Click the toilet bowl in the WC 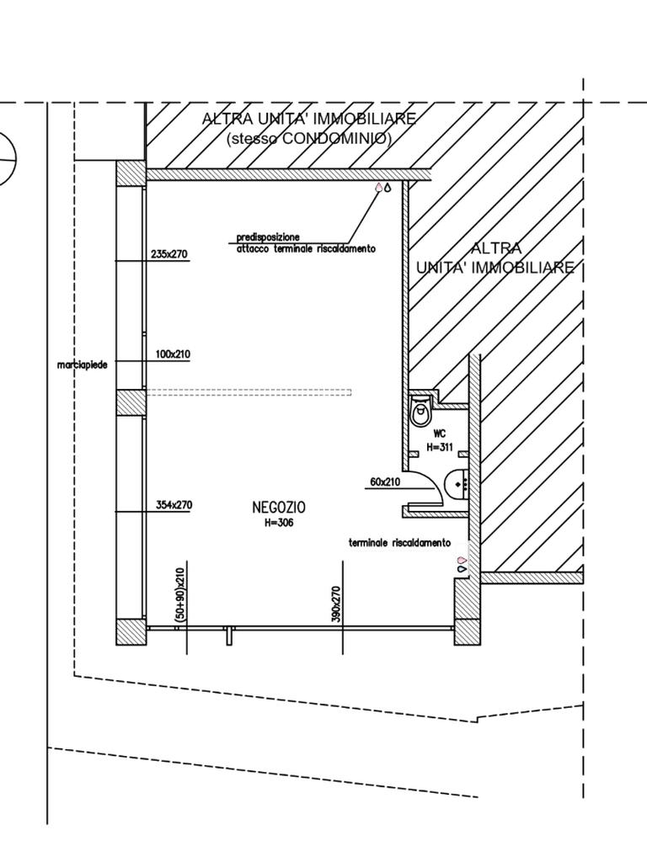click(420, 412)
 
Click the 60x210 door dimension click(385, 482)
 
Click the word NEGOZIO click(279, 508)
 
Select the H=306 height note click(279, 523)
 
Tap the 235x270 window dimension click(169, 253)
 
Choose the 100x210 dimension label click(172, 354)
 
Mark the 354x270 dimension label click(174, 505)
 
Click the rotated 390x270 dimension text click(336, 604)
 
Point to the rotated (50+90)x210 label click(179, 595)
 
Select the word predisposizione click(268, 237)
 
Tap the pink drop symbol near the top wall click(378, 188)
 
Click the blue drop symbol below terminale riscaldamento click(462, 570)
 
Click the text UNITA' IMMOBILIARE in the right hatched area click(495, 268)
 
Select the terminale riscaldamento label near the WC click(399, 543)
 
